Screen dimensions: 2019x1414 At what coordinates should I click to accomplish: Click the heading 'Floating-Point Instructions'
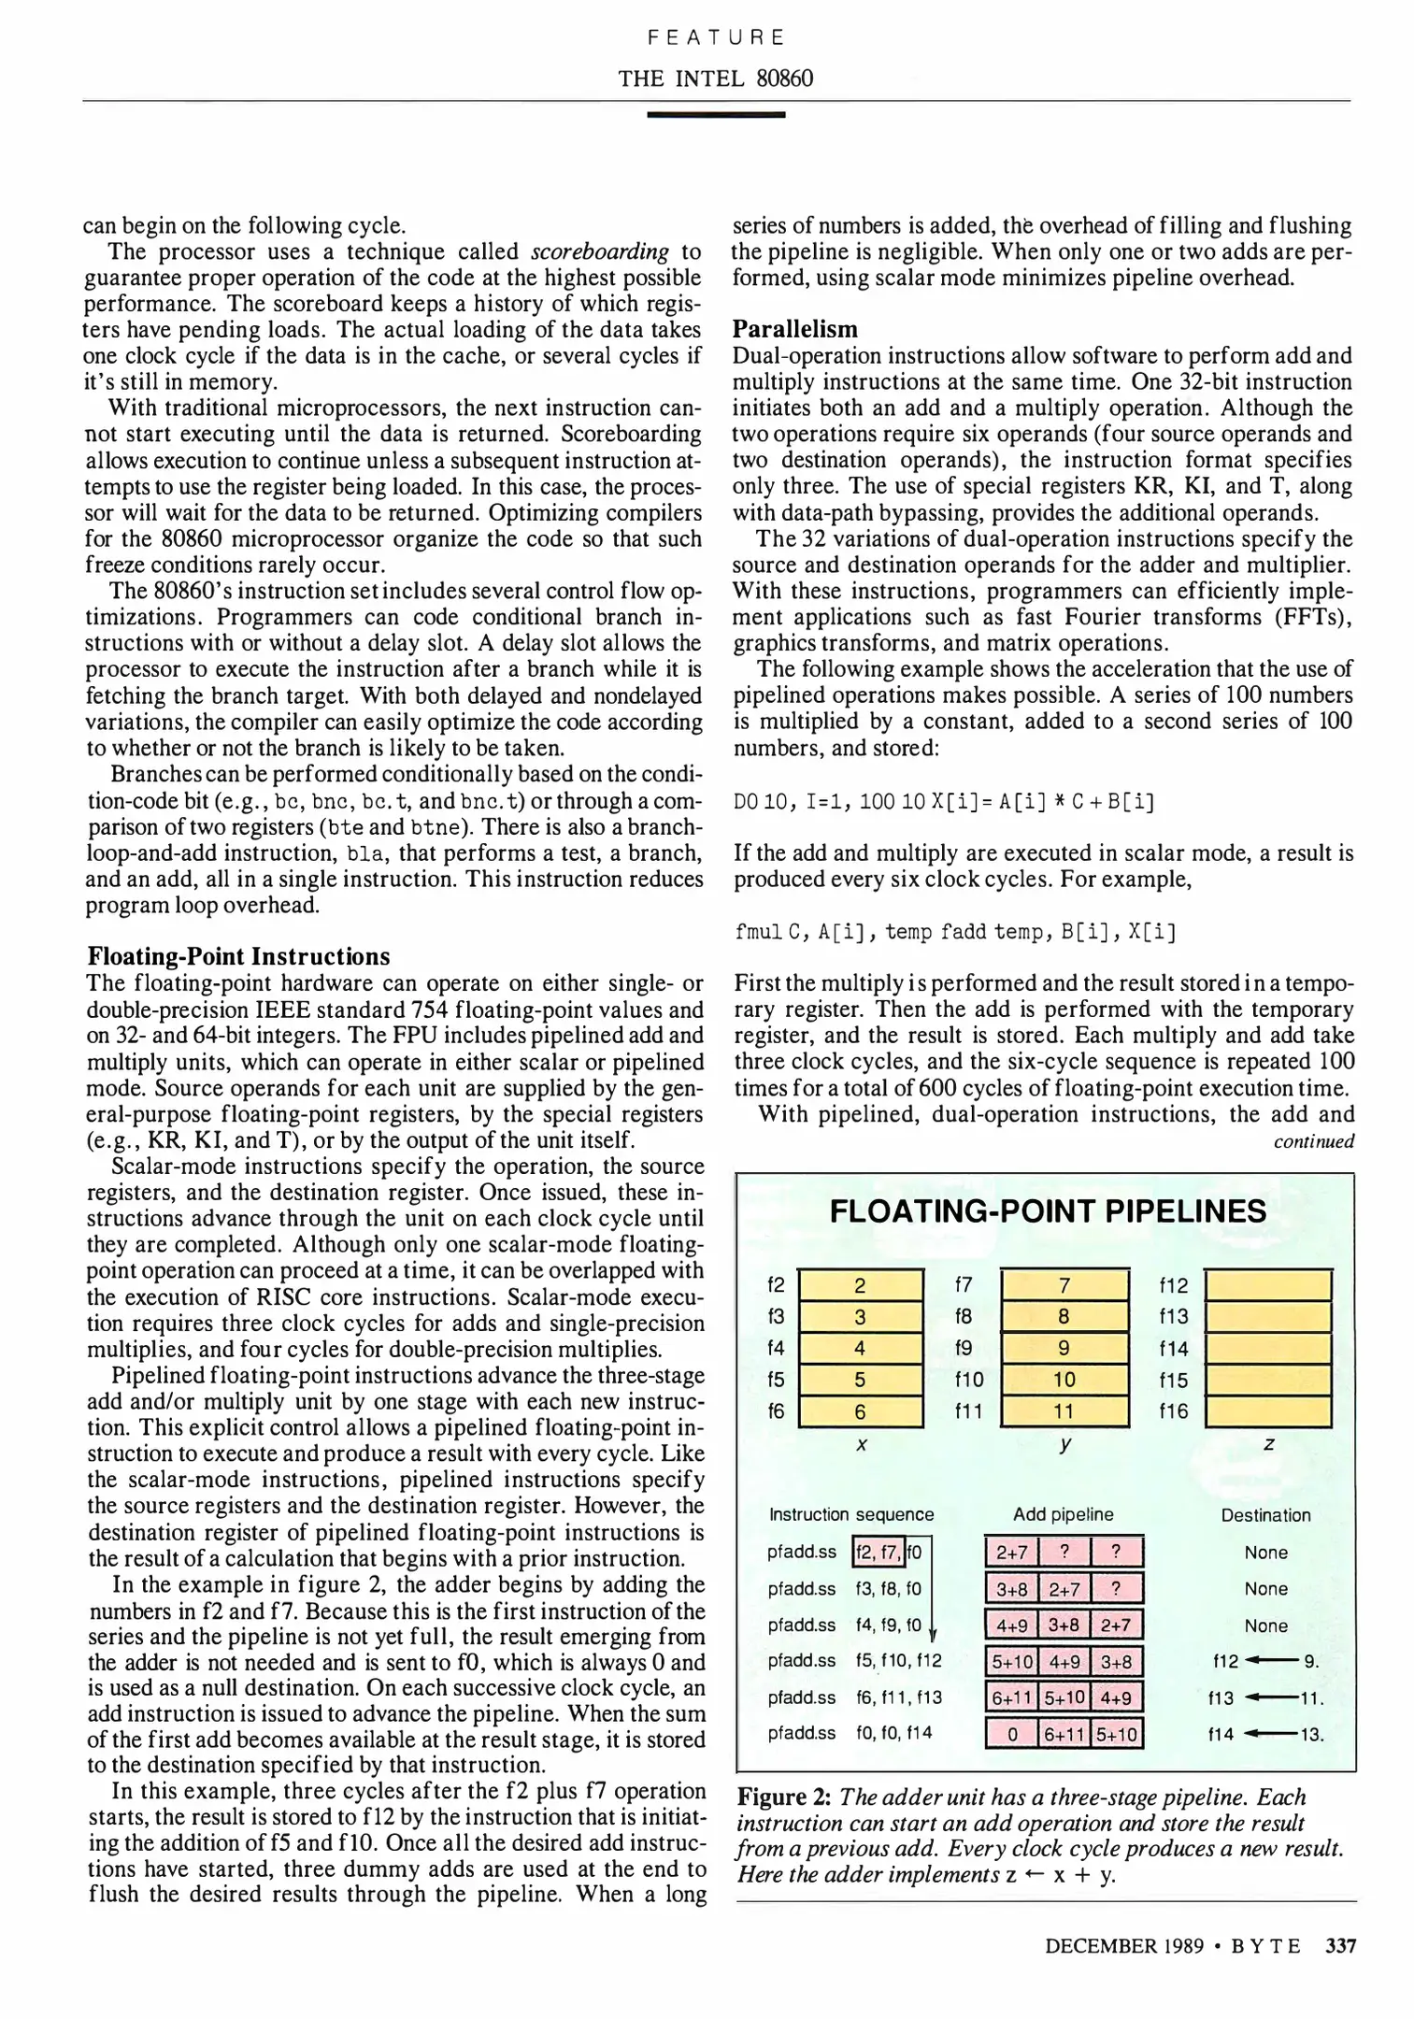tap(238, 956)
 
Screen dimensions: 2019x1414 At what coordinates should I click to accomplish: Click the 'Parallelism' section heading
tap(794, 329)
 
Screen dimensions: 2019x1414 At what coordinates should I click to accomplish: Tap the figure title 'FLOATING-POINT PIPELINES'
tap(1048, 1211)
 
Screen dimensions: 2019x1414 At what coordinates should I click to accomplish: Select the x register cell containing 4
tap(860, 1348)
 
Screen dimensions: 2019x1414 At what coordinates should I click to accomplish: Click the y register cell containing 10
tap(1064, 1380)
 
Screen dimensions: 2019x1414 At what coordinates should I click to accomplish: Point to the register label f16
tap(1173, 1410)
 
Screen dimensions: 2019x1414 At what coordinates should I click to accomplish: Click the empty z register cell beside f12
tap(1268, 1285)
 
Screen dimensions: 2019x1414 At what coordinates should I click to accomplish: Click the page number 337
tap(1340, 1946)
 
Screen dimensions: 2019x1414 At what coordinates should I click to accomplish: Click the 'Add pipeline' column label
tap(1063, 1514)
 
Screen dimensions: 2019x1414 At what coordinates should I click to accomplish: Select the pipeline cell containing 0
tap(1011, 1735)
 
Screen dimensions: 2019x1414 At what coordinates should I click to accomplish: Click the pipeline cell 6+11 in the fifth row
tap(1011, 1697)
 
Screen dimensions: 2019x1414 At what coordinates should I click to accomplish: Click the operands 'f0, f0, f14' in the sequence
tap(893, 1733)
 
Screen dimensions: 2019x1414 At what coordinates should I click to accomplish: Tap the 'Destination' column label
tap(1265, 1515)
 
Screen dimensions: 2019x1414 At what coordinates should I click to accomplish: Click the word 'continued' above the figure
tap(1313, 1141)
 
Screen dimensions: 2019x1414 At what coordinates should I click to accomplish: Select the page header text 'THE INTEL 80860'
tap(715, 79)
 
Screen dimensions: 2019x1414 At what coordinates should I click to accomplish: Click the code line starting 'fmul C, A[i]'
tap(954, 932)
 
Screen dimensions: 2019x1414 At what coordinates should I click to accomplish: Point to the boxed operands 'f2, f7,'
tap(878, 1553)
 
